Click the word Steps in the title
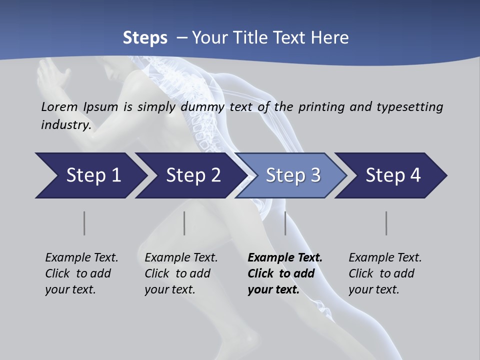coord(145,37)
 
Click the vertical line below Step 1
coord(84,223)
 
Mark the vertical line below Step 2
coord(184,223)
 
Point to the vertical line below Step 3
coord(285,223)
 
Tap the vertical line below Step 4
coord(386,223)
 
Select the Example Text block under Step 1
coord(81,273)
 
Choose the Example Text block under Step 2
coord(181,273)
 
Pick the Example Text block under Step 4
coord(385,273)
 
